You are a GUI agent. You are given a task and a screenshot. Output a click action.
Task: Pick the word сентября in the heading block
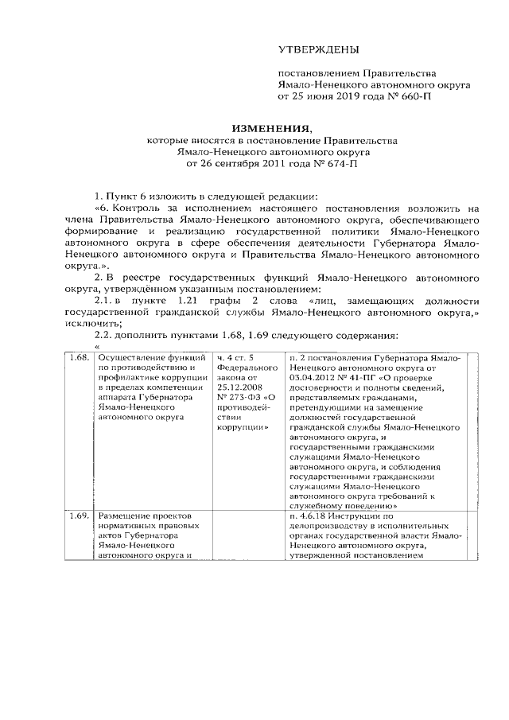pyautogui.click(x=243, y=164)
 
